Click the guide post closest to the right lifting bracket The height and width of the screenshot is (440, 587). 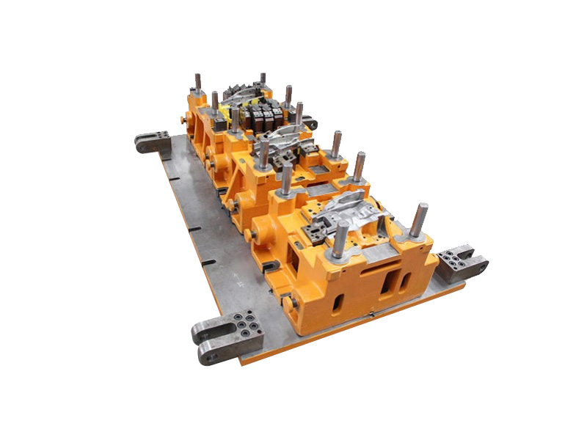[x=418, y=220]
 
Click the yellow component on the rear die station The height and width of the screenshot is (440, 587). [x=219, y=110]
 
